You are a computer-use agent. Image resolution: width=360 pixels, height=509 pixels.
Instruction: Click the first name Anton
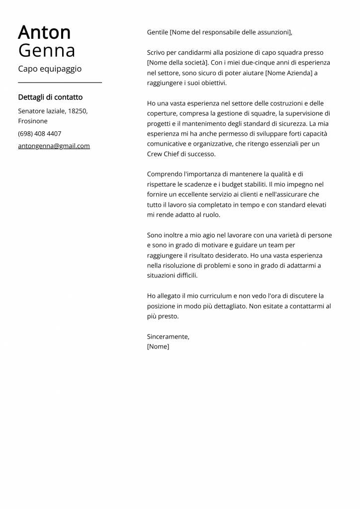coord(44,33)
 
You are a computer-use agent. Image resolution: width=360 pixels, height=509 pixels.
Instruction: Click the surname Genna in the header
coord(47,51)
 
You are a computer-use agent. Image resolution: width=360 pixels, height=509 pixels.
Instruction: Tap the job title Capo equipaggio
coord(50,69)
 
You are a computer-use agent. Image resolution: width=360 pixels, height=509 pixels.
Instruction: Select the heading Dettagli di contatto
coord(50,97)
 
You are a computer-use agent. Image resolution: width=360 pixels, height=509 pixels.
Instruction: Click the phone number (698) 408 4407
coord(40,134)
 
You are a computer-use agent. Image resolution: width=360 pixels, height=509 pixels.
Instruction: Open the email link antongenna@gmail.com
coord(54,146)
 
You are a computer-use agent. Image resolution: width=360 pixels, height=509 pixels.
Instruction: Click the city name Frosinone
coord(33,121)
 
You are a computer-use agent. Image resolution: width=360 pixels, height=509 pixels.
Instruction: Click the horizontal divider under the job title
coord(60,83)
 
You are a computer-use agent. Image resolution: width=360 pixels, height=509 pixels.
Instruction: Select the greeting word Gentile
coord(158,32)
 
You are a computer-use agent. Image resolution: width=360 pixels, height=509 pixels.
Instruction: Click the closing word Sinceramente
coord(168,337)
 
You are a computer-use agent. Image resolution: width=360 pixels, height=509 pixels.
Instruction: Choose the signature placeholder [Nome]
coord(158,346)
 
